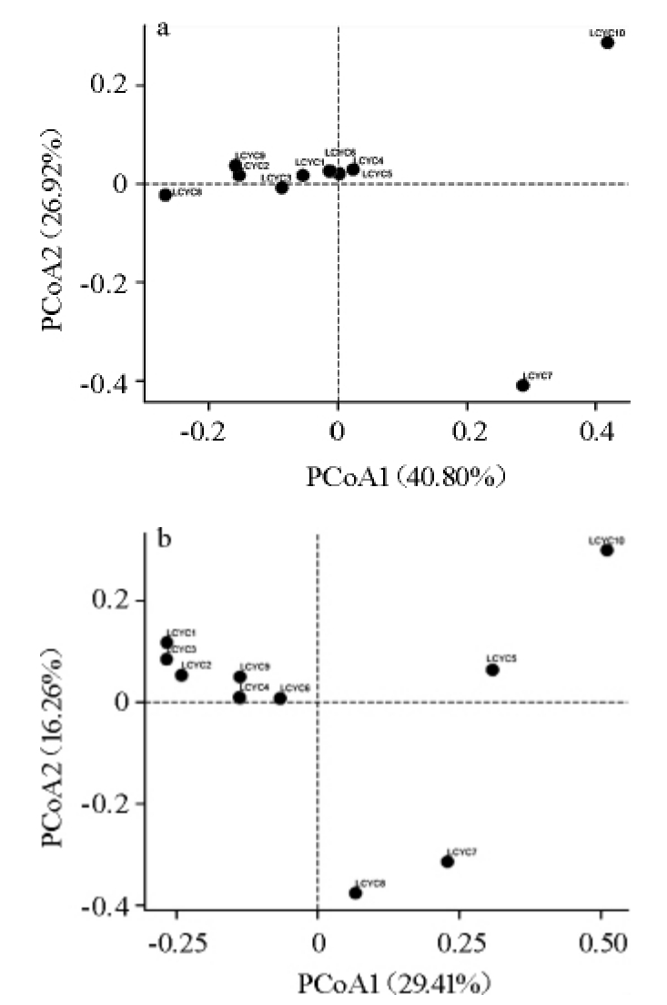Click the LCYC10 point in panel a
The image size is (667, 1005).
tap(607, 43)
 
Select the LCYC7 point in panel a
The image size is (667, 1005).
tap(522, 385)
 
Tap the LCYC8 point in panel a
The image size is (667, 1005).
tap(165, 195)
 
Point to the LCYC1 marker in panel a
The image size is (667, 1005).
tap(303, 175)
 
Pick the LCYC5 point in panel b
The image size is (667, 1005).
tap(492, 670)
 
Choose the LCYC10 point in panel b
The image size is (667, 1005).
tap(606, 550)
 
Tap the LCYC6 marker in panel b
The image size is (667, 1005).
tap(280, 698)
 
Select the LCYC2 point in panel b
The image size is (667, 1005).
tap(181, 675)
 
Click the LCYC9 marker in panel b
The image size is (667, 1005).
tap(239, 676)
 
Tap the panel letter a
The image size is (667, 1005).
tap(163, 29)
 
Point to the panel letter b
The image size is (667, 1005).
tap(165, 537)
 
